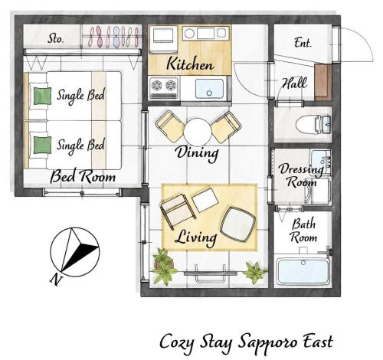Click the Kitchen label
190,64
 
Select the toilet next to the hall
313,125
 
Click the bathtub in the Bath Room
303,271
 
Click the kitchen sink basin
209,89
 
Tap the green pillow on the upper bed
42,96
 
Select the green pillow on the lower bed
42,145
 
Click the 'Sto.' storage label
55,39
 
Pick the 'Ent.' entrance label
303,43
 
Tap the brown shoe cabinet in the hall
323,82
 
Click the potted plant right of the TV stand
254,273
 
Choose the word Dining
197,153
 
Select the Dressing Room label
301,175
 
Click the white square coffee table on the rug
205,200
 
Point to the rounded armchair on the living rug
238,224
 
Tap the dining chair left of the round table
169,126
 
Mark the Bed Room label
83,176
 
